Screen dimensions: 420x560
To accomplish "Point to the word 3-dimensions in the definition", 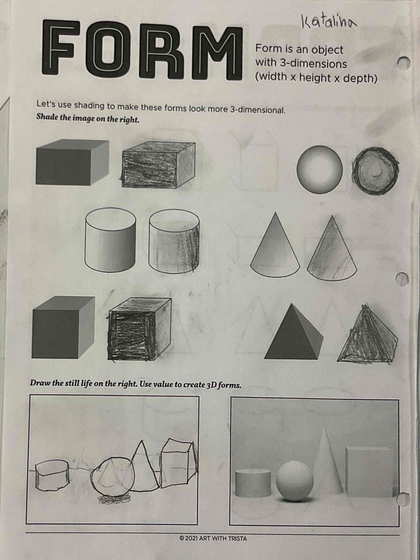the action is [x=313, y=64].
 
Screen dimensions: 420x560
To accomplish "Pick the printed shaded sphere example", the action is [x=319, y=169].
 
